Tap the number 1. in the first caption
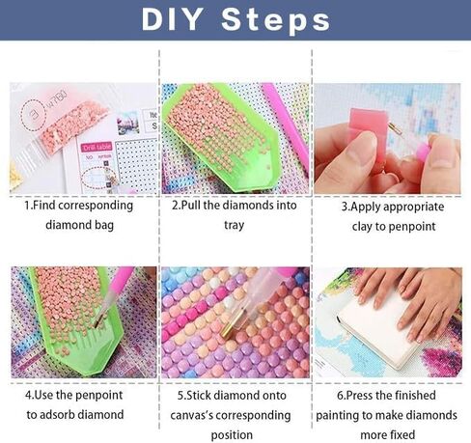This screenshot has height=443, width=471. (29, 206)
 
